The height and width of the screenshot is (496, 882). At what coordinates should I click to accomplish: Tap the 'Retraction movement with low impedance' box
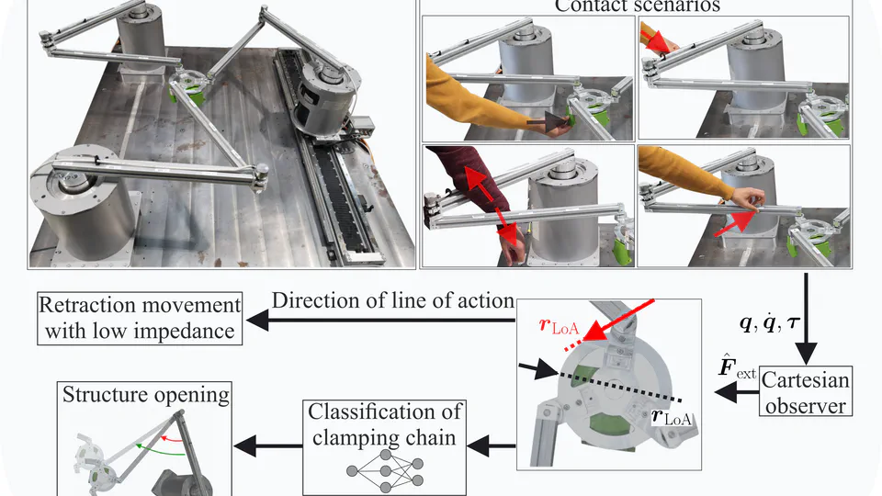click(140, 318)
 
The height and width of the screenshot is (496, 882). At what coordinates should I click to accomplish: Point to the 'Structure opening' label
click(146, 395)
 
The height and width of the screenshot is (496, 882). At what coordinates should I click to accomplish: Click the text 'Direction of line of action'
click(392, 300)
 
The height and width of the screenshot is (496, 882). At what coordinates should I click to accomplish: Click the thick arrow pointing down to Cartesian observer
click(806, 317)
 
